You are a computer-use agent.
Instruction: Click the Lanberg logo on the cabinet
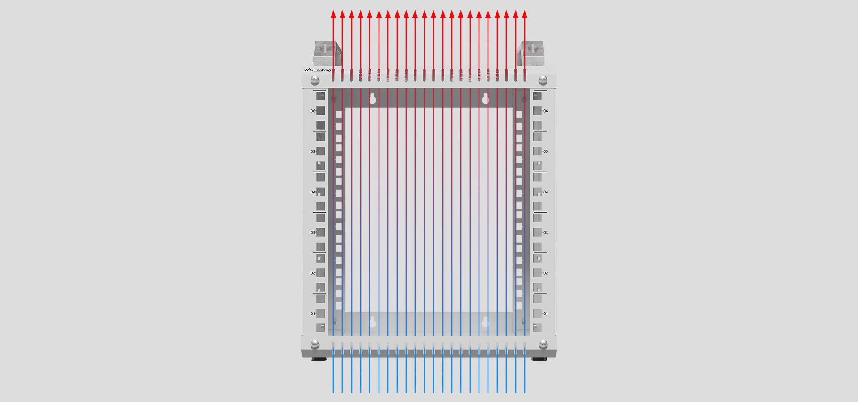pyautogui.click(x=317, y=70)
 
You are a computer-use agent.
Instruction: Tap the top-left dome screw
pyautogui.click(x=315, y=80)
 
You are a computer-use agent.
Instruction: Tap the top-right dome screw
pyautogui.click(x=543, y=80)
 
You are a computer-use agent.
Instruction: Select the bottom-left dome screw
pyautogui.click(x=315, y=344)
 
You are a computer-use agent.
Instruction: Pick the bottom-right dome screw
pyautogui.click(x=543, y=344)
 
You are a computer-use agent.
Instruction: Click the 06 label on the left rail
pyautogui.click(x=313, y=111)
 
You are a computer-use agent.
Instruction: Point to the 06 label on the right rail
pyautogui.click(x=546, y=111)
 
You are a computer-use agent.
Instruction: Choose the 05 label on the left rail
pyautogui.click(x=313, y=151)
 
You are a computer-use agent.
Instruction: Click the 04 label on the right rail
pyautogui.click(x=546, y=192)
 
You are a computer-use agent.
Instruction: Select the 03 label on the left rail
pyautogui.click(x=313, y=233)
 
